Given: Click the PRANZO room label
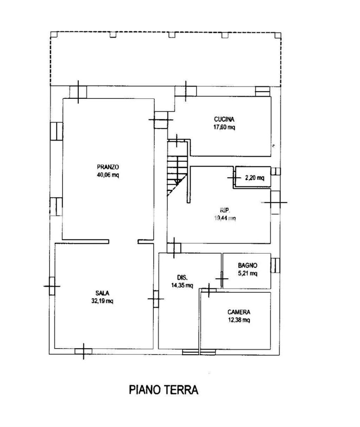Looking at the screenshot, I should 107,168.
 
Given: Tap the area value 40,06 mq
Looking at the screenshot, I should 107,176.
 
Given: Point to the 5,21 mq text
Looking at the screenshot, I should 247,274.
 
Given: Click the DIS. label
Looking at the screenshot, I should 182,277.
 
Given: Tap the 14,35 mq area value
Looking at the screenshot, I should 182,286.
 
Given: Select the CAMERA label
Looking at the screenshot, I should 239,312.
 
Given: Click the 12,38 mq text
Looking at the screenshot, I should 239,320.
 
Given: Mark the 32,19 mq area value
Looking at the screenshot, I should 104,301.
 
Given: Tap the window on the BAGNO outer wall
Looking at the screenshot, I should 275,265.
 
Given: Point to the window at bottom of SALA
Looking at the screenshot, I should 83,352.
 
